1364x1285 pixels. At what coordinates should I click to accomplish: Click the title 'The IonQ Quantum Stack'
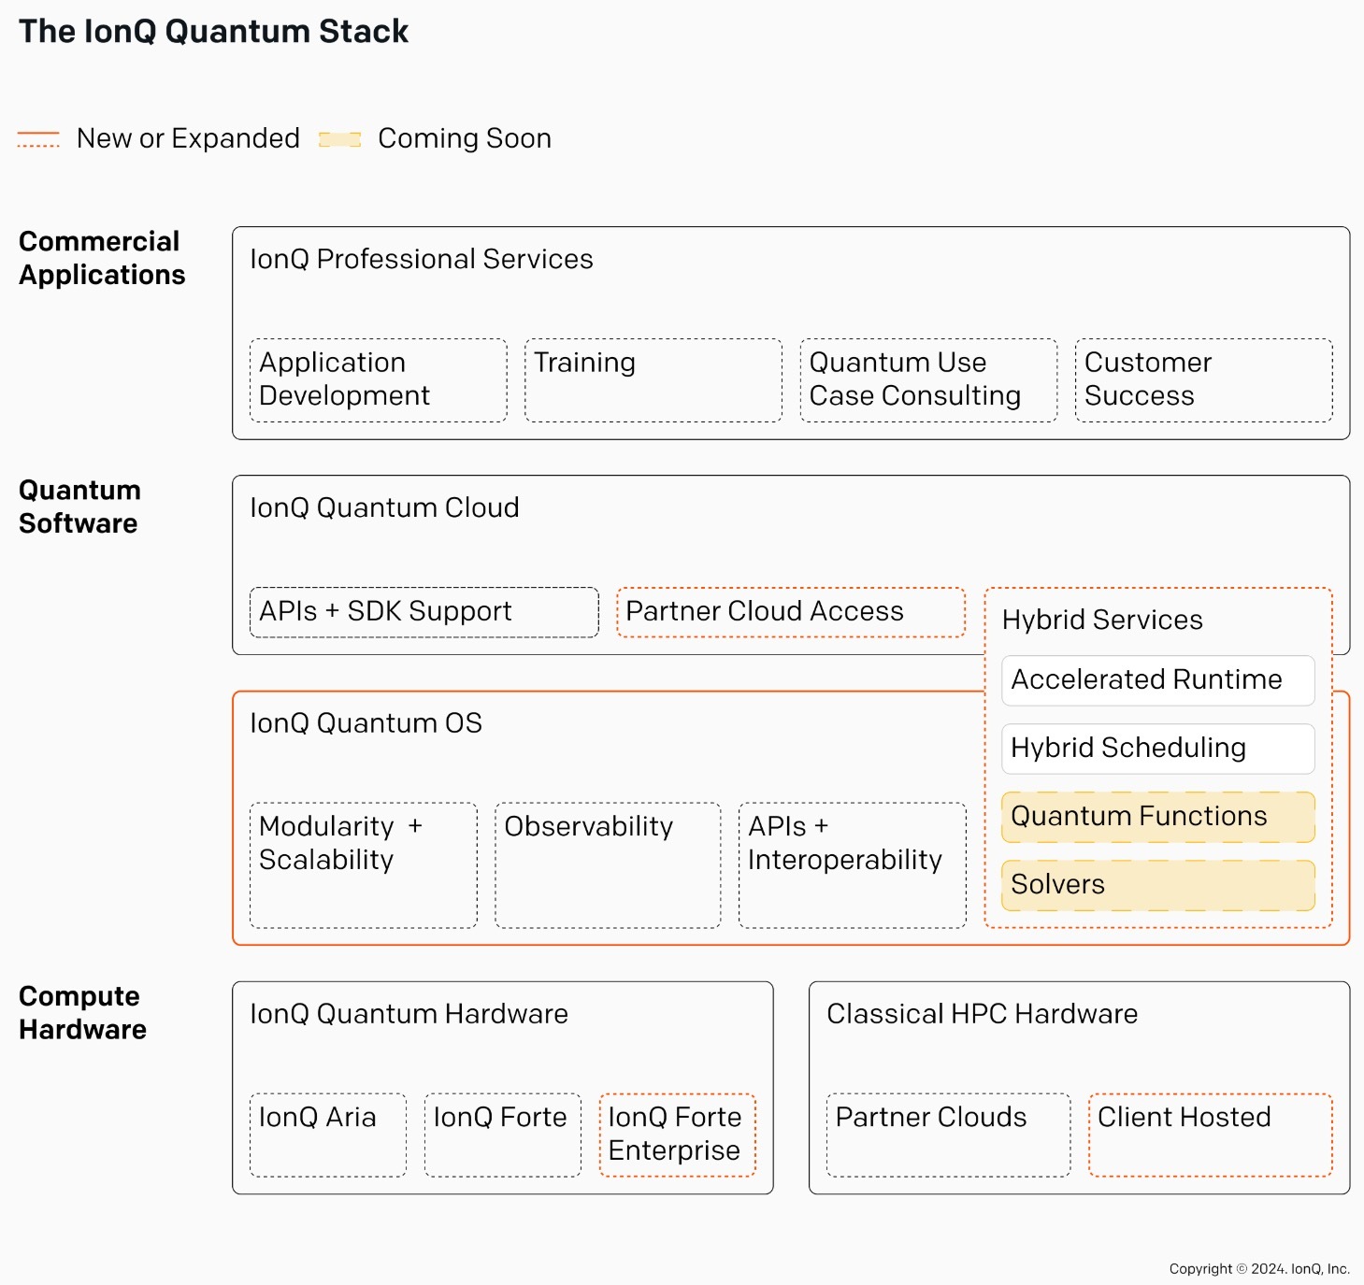pyautogui.click(x=213, y=32)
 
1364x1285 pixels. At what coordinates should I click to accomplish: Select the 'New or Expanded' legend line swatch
pyautogui.click(x=38, y=138)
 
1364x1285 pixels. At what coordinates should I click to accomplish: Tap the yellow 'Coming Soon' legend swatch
pyautogui.click(x=340, y=139)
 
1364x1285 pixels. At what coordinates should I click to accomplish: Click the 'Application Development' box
pyautogui.click(x=379, y=379)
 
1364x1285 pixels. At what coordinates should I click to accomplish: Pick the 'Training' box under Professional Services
pyautogui.click(x=653, y=379)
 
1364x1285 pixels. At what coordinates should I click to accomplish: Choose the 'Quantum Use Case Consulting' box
pyautogui.click(x=928, y=379)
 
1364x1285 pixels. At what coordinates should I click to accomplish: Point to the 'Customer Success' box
pyautogui.click(x=1204, y=379)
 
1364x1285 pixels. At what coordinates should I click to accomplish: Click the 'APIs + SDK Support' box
pyautogui.click(x=424, y=612)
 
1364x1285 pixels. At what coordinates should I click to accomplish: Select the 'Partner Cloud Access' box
pyautogui.click(x=791, y=612)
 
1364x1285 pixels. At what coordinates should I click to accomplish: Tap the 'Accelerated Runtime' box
pyautogui.click(x=1158, y=680)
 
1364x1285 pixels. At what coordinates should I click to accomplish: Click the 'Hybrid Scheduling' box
pyautogui.click(x=1158, y=748)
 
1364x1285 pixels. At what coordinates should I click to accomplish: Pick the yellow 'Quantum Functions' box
pyautogui.click(x=1158, y=817)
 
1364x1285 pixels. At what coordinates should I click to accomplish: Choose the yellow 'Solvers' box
pyautogui.click(x=1158, y=885)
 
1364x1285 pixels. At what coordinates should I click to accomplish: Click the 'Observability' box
pyautogui.click(x=608, y=864)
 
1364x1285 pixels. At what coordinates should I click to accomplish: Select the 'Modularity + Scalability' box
pyautogui.click(x=364, y=864)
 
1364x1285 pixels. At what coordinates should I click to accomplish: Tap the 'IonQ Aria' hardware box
pyautogui.click(x=327, y=1135)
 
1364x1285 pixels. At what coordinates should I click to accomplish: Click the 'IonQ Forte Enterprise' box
pyautogui.click(x=677, y=1135)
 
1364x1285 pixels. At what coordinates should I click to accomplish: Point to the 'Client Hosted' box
pyautogui.click(x=1210, y=1135)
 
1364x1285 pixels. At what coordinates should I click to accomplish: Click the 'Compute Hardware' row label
pyautogui.click(x=82, y=1013)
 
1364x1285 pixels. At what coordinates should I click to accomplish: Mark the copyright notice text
pyautogui.click(x=1259, y=1268)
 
